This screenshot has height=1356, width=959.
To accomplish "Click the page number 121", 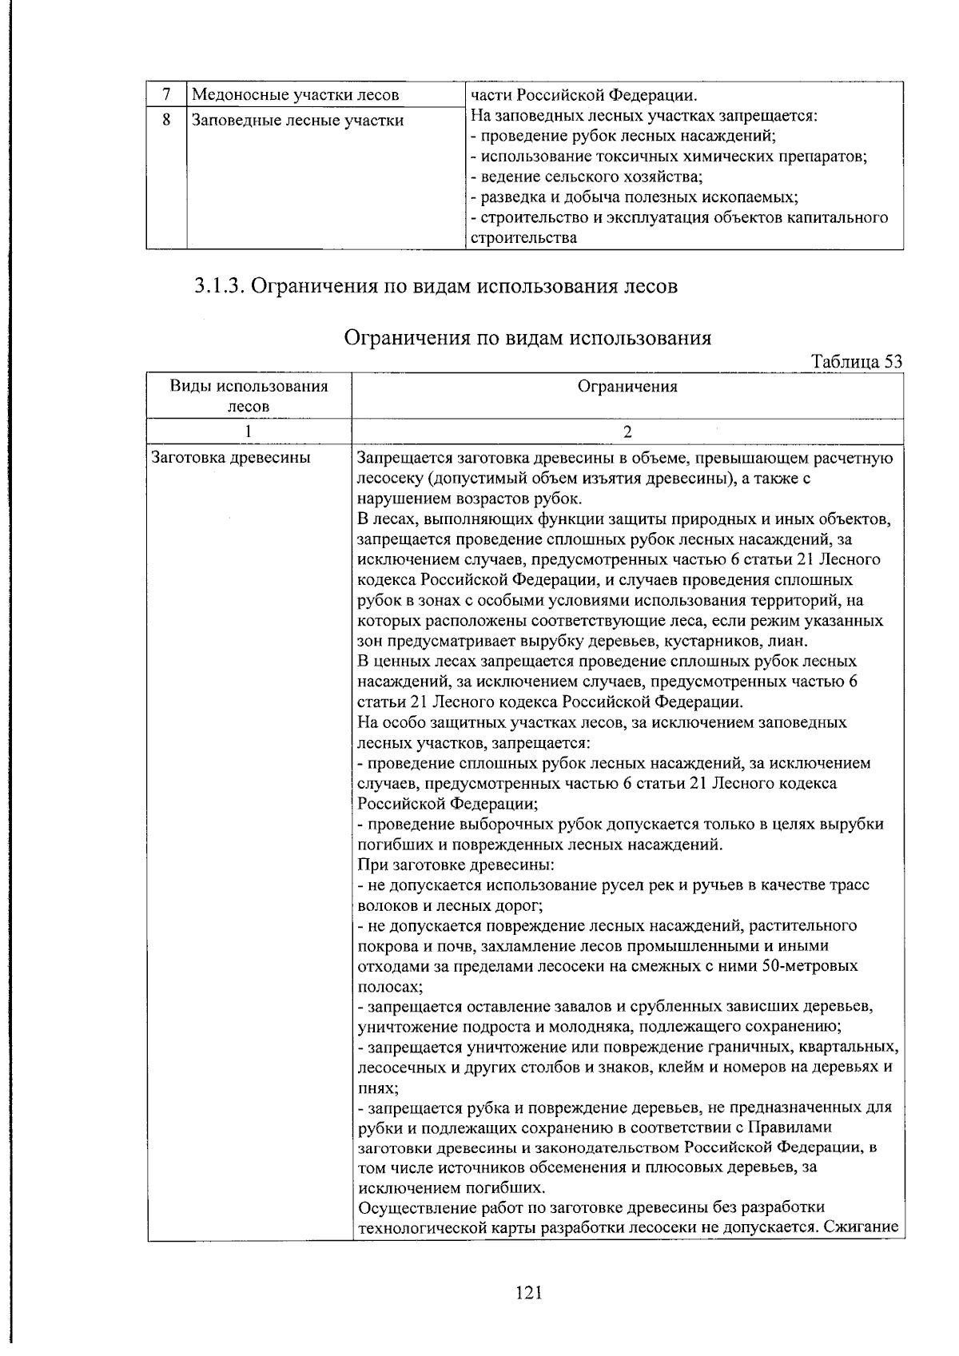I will [x=529, y=1292].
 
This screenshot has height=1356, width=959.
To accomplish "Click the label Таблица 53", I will [x=857, y=361].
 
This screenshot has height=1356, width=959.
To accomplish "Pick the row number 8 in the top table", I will [x=166, y=121].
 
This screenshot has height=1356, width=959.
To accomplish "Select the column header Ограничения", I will [x=627, y=387].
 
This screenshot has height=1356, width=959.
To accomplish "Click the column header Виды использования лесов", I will [x=249, y=396].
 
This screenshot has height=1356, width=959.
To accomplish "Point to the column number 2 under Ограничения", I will [x=627, y=432].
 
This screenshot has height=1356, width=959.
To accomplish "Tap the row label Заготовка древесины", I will [x=231, y=458].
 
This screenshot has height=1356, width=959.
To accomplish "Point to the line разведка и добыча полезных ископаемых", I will [x=635, y=197].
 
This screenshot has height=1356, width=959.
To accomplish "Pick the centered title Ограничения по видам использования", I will [x=527, y=338].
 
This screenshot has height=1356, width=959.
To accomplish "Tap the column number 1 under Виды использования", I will [x=249, y=432].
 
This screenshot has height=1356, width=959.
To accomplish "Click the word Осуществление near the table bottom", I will [x=421, y=1207].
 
